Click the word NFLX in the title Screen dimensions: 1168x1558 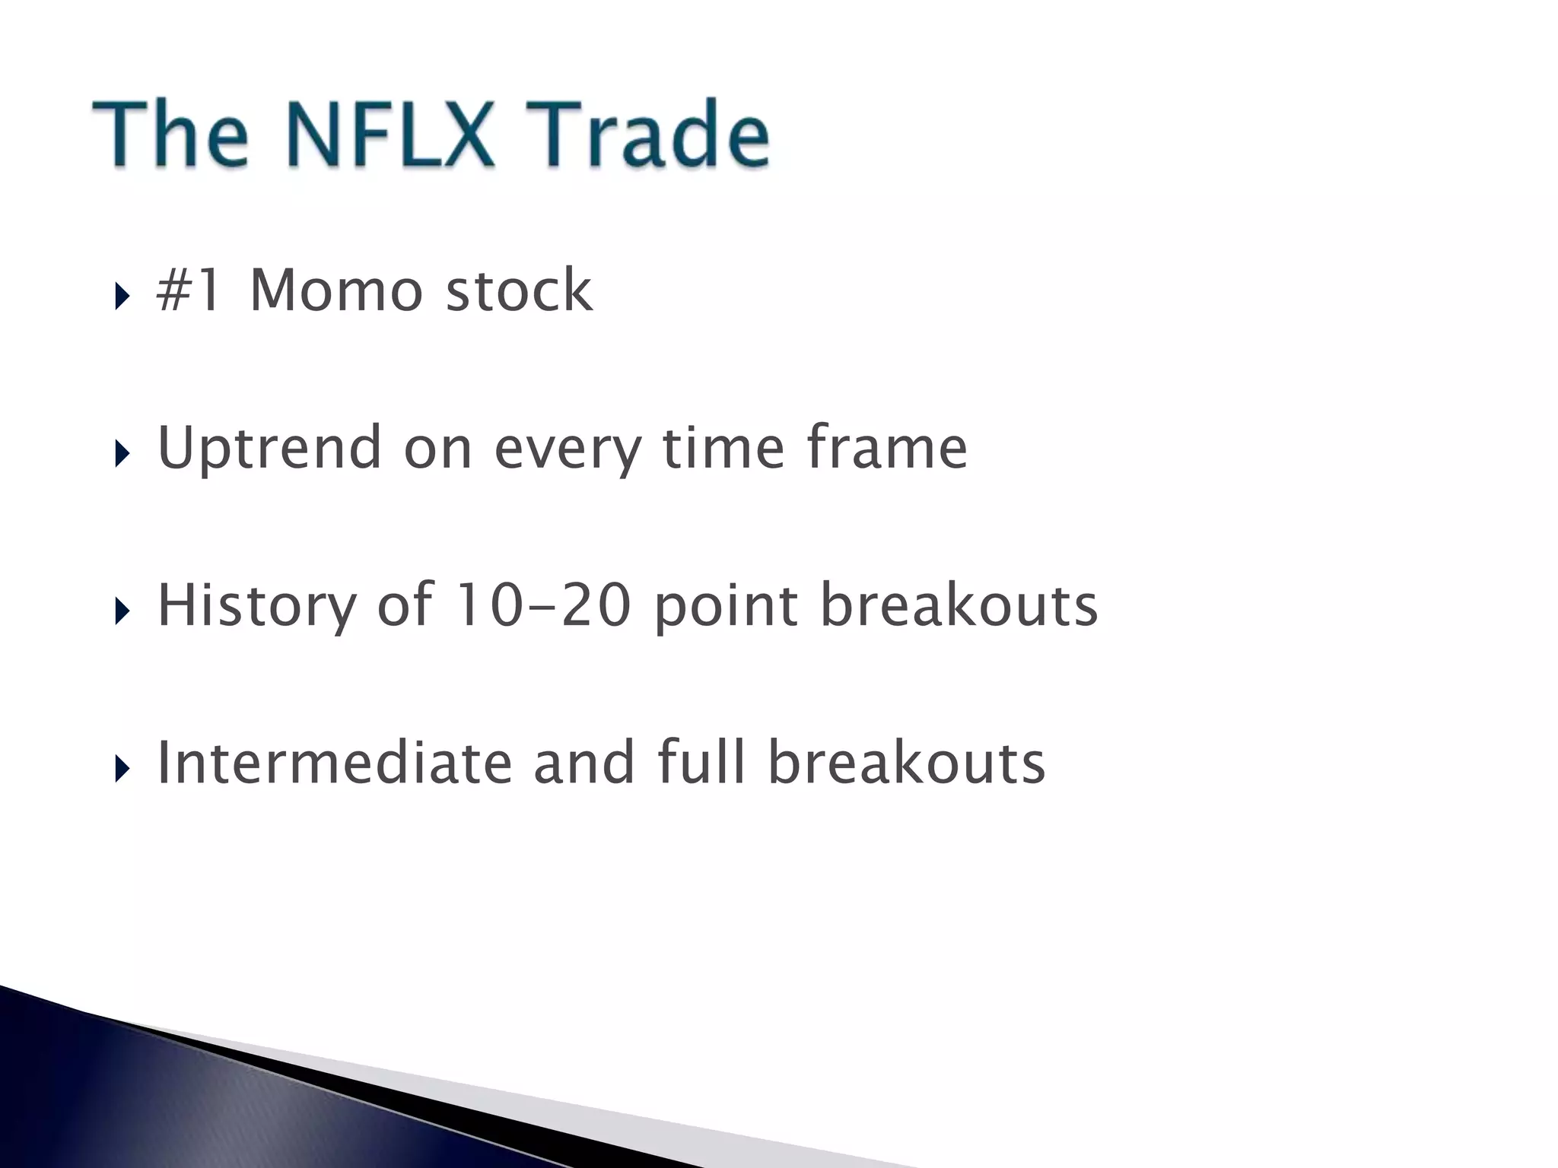pos(392,135)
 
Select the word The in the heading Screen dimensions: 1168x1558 pos(170,135)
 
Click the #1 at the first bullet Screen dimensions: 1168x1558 pos(189,290)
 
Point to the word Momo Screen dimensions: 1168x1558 pos(335,290)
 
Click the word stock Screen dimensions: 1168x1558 pos(519,290)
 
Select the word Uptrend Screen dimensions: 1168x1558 pos(269,448)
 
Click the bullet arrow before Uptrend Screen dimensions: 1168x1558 pos(122,454)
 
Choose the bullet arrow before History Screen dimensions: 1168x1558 pos(122,611)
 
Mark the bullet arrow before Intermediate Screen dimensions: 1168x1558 pos(122,769)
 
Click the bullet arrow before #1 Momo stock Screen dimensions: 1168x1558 pos(122,297)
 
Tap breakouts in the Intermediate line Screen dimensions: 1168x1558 pos(906,763)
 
